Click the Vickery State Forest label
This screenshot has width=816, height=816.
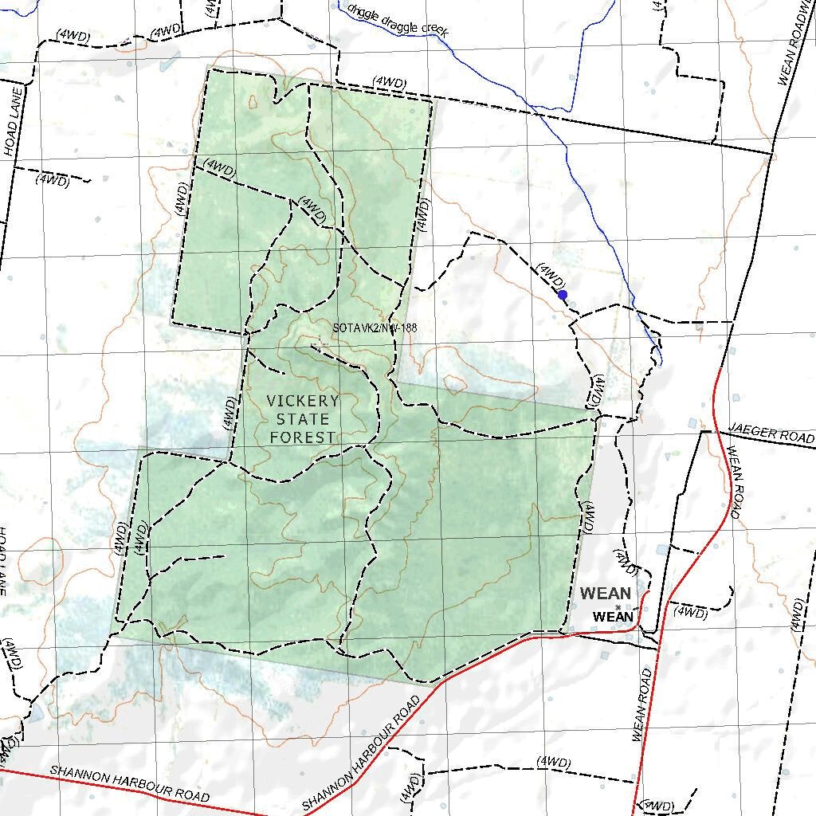[303, 419]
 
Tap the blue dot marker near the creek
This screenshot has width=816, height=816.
[563, 295]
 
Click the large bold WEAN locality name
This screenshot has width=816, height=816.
[606, 594]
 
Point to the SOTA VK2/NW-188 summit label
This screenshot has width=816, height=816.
[375, 328]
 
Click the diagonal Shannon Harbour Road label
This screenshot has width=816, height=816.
[363, 753]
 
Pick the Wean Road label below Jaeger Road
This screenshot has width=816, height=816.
[734, 483]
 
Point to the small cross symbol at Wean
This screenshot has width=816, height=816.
[618, 607]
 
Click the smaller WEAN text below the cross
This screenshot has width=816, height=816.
[614, 618]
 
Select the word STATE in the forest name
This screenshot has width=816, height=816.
[303, 419]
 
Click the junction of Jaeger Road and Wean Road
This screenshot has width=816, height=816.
[702, 432]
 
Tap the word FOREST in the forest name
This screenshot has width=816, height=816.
[303, 437]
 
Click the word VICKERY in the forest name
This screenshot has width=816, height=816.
[303, 401]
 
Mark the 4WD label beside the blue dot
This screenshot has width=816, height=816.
[551, 276]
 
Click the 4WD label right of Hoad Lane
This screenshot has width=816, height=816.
[53, 179]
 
